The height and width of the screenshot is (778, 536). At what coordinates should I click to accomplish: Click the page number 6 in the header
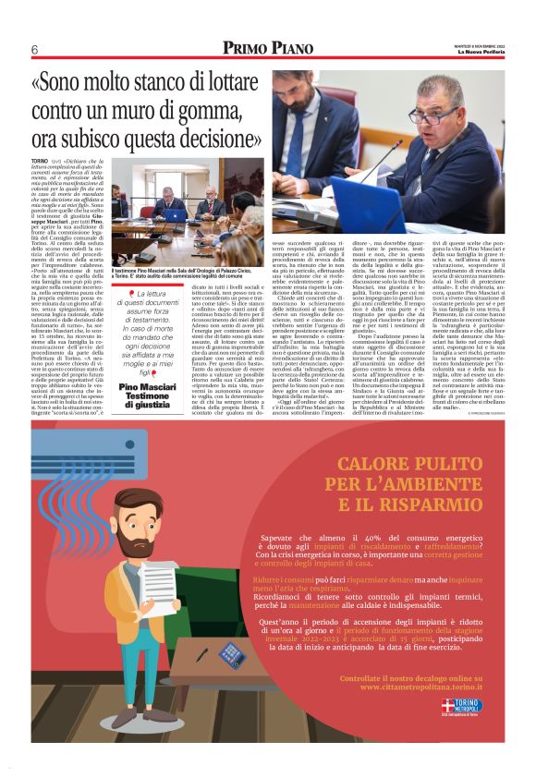click(x=33, y=49)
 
